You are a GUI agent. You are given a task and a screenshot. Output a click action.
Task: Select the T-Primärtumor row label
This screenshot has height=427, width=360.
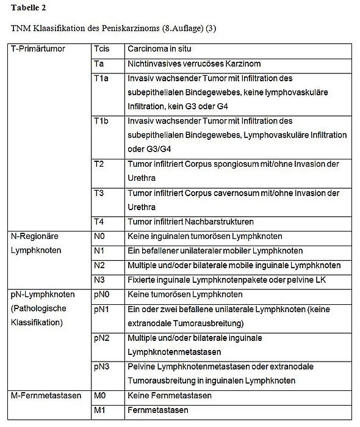(38, 48)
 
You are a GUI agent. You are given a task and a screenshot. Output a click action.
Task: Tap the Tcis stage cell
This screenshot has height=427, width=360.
(102, 48)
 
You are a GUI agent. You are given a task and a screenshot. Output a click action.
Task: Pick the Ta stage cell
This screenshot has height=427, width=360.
(99, 64)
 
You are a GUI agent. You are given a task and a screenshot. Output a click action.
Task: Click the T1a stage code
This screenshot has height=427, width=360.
(101, 79)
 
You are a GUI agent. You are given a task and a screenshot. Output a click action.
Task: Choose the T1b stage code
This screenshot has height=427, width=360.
(101, 121)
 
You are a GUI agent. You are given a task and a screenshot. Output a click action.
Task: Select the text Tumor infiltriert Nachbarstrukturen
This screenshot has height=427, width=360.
(190, 221)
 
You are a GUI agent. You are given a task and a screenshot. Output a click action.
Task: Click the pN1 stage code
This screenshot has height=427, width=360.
(102, 310)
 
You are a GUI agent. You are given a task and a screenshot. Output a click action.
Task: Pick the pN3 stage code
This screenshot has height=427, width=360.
(102, 367)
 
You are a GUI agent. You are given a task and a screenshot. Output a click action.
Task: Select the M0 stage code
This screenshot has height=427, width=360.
(100, 396)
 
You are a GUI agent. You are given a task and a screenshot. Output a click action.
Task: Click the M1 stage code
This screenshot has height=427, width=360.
(100, 410)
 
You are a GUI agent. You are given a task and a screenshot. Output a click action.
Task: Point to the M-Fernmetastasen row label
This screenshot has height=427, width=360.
(46, 396)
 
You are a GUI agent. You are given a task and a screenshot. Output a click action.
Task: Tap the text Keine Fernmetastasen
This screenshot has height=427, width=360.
(170, 396)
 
